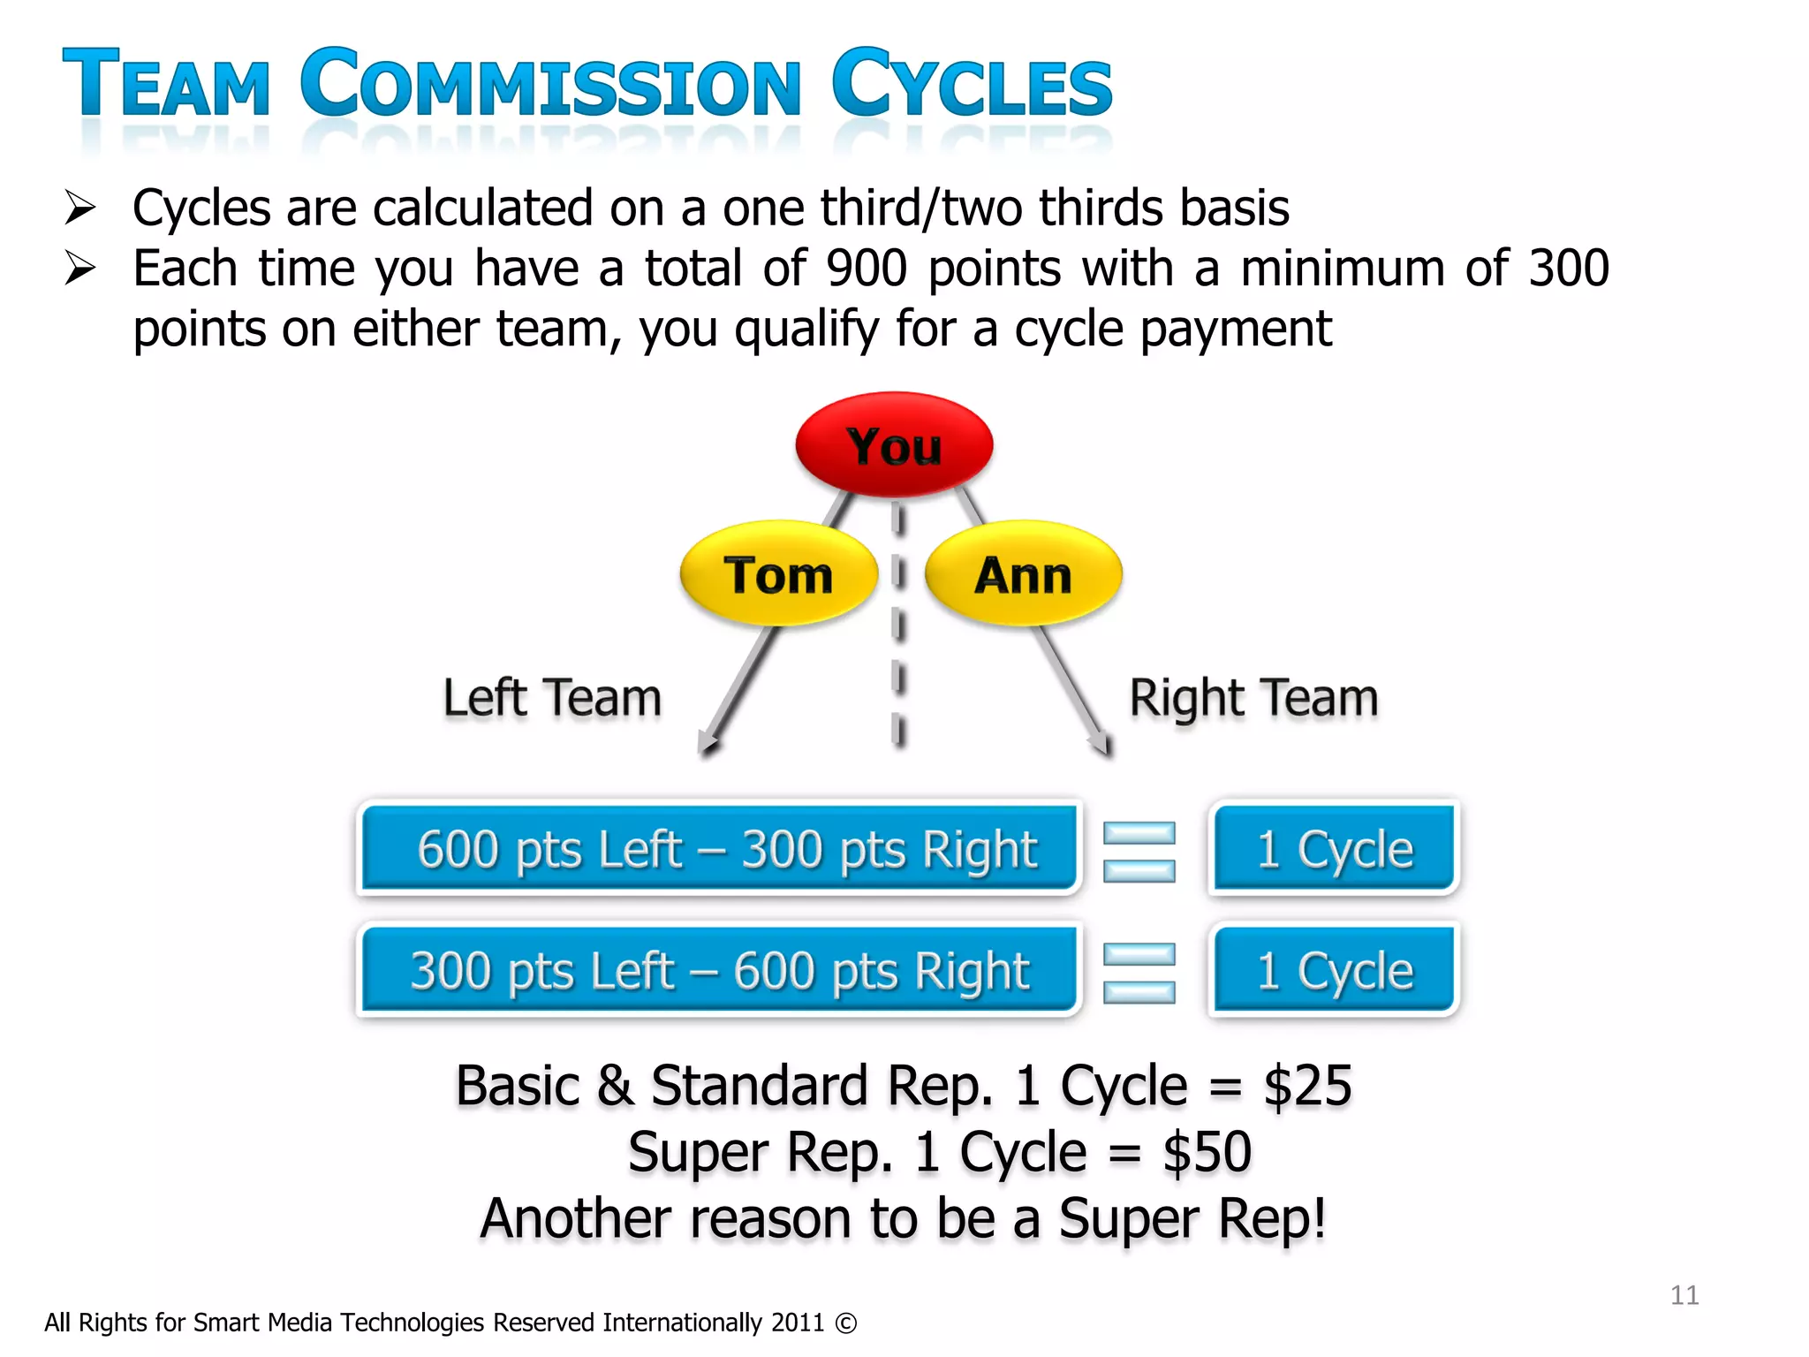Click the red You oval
coord(894,444)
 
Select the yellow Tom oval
coord(778,574)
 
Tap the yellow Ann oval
coord(1023,574)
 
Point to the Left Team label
coord(552,698)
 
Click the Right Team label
coord(1253,698)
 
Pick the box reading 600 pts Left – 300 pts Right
coord(720,848)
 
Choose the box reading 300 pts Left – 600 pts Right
coord(720,970)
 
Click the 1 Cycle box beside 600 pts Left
coord(1334,848)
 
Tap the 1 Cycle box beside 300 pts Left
coord(1334,970)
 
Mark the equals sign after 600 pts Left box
coord(1139,852)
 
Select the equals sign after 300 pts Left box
coord(1139,973)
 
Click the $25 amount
coord(1307,1086)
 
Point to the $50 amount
coord(1207,1152)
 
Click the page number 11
coord(1684,1295)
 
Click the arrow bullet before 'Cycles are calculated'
coord(80,208)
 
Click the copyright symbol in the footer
coord(845,1323)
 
